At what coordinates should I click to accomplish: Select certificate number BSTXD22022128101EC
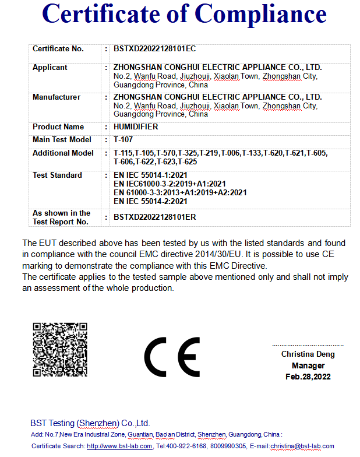click(154, 49)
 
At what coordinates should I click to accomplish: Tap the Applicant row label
click(50, 68)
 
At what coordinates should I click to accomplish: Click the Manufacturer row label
click(57, 97)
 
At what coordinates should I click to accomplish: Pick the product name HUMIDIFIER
click(136, 127)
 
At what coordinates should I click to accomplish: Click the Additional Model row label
click(63, 153)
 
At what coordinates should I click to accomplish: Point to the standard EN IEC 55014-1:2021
click(150, 175)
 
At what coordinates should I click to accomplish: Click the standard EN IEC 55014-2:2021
click(150, 201)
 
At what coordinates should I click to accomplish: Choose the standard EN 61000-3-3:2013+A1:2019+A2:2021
click(180, 192)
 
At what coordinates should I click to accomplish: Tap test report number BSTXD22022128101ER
click(155, 217)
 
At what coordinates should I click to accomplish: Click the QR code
click(59, 349)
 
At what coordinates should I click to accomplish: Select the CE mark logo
click(172, 357)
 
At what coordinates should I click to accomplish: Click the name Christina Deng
click(308, 354)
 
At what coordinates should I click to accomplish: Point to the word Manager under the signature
click(308, 365)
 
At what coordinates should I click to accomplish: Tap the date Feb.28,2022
click(308, 377)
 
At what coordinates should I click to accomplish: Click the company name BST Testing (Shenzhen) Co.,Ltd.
click(90, 423)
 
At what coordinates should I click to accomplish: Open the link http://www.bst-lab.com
click(119, 447)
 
